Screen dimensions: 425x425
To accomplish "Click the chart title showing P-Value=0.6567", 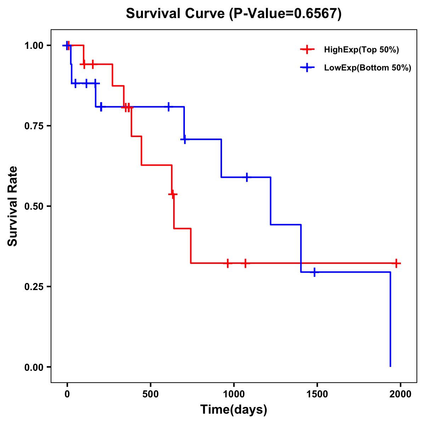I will tap(234, 14).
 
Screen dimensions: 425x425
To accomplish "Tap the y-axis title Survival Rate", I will tap(13, 206).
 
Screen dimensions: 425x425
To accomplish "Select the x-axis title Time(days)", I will tap(234, 409).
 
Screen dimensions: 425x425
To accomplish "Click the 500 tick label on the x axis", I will tap(151, 394).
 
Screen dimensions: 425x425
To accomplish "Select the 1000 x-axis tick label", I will tap(234, 394).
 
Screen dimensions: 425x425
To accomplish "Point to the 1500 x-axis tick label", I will tap(317, 394).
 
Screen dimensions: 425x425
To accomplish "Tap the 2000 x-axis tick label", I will tap(400, 394).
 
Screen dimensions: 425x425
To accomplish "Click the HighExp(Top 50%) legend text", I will tap(362, 50).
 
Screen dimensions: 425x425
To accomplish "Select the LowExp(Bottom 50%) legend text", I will tap(368, 68).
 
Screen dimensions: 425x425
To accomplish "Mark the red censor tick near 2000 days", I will tap(396, 263).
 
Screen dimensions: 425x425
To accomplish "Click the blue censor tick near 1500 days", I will tap(314, 272).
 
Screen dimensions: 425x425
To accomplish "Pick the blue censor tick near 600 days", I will tap(169, 107).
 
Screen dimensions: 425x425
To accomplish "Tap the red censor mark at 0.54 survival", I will tap(172, 194).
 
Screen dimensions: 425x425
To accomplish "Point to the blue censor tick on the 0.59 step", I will tap(247, 177).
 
